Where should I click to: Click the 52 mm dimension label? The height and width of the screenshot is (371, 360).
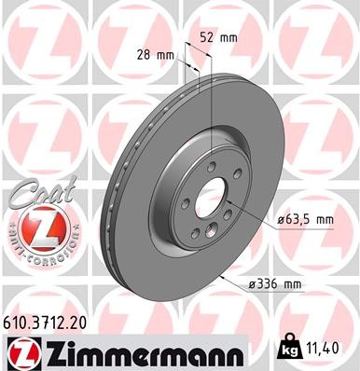(x=218, y=39)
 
